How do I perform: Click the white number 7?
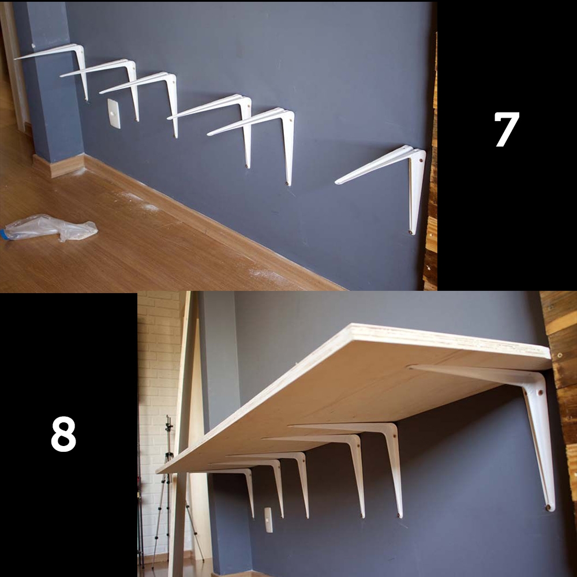507,129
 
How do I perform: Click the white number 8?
63,434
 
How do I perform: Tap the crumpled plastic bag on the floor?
50,227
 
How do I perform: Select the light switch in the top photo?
114,113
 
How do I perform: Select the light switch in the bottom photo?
269,520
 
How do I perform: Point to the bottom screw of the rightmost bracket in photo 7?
410,232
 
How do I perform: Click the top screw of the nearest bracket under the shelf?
540,392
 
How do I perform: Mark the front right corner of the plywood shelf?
551,368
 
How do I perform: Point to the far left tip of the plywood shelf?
157,473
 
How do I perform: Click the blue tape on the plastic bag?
5,234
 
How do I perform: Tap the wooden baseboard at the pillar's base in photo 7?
59,166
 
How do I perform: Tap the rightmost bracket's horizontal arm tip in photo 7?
338,182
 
